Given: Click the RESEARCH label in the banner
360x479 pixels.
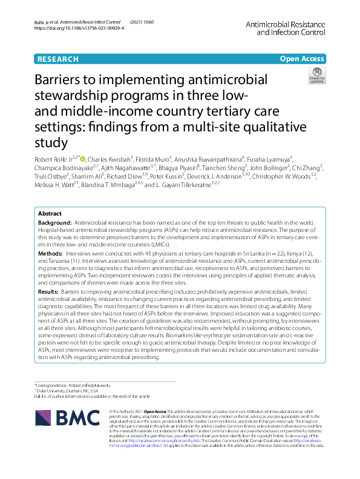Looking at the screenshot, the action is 57,59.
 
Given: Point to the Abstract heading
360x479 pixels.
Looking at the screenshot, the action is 50,214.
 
